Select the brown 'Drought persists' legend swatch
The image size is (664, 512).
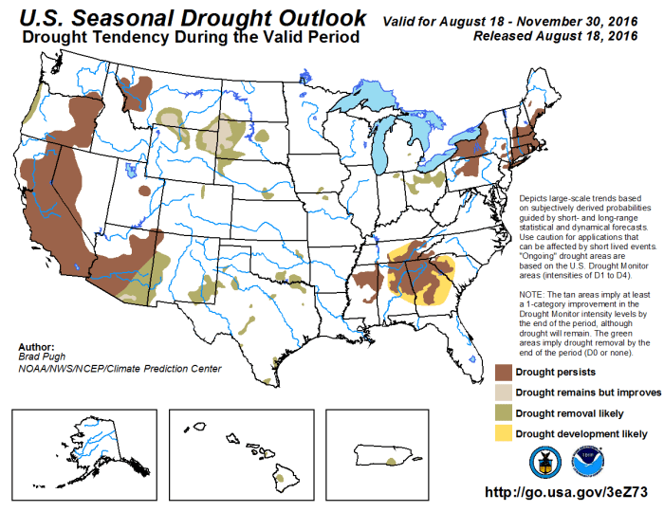tap(510, 372)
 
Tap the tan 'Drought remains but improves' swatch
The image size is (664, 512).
tap(510, 393)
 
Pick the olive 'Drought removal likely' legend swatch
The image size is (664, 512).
tap(510, 413)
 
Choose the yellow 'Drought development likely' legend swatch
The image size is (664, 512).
tap(510, 434)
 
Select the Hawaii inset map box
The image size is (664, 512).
tap(241, 452)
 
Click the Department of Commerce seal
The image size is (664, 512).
tap(545, 461)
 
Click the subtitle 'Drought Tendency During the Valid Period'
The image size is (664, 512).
tap(190, 38)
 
